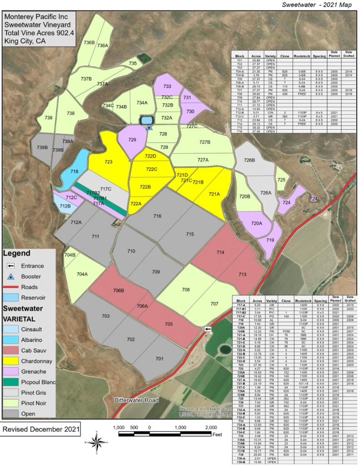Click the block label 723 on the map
108,162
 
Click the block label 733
167,86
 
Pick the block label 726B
248,160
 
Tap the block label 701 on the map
159,359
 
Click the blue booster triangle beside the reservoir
149,127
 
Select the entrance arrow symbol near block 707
208,329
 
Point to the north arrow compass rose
96,441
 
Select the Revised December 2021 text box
41,429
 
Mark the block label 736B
89,42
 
